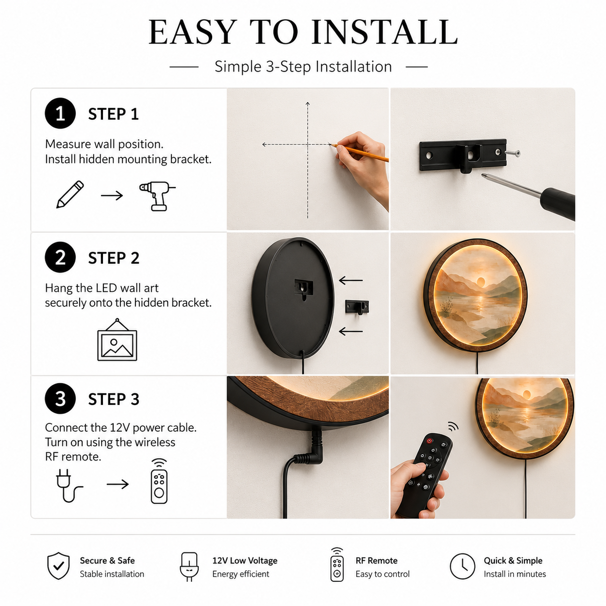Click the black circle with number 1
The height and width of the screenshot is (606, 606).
60,113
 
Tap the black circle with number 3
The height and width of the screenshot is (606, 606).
60,399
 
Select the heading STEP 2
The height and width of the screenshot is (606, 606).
114,258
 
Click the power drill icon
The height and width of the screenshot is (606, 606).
157,196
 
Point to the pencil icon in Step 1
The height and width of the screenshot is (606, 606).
70,194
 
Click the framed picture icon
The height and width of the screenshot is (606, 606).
117,340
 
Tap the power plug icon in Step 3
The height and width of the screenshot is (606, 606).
68,486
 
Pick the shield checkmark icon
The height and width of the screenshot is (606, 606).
58,565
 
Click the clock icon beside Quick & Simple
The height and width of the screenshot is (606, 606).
462,566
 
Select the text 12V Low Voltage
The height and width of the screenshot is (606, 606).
245,561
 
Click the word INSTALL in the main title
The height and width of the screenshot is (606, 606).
384,32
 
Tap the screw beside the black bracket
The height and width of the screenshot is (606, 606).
513,153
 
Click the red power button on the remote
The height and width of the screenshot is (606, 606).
430,441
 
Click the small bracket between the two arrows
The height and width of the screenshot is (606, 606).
357,307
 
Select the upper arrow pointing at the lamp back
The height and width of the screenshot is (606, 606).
351,280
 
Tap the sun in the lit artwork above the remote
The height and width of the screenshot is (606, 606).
526,394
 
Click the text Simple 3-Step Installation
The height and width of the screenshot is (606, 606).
303,67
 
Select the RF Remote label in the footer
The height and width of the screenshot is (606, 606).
376,561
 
